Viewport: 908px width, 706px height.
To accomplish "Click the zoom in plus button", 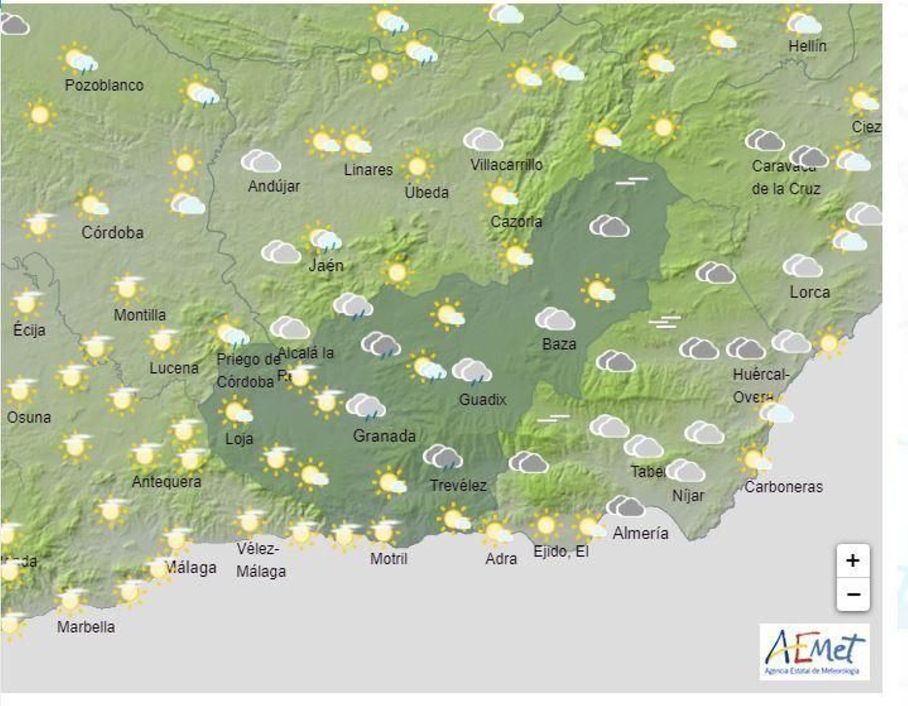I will click(x=852, y=561).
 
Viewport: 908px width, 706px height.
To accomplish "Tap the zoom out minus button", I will click(x=852, y=594).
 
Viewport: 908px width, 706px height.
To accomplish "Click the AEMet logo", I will click(x=814, y=652).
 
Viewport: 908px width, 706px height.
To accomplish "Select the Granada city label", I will click(x=384, y=436).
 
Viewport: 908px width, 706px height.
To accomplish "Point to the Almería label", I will click(x=640, y=533).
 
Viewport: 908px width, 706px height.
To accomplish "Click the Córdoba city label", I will click(x=112, y=232).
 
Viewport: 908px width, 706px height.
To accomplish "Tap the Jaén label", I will click(x=326, y=265).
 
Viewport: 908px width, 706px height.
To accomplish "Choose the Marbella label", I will click(x=86, y=627).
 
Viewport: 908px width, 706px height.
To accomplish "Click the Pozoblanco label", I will click(x=104, y=85).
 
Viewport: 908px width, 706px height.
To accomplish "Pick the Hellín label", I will click(x=807, y=45).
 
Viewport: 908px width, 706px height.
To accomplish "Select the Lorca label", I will click(x=809, y=292).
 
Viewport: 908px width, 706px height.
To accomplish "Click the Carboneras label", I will click(x=783, y=486).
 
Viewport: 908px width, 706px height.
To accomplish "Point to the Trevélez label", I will click(x=458, y=485).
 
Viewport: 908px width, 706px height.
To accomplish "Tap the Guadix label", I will click(x=482, y=400).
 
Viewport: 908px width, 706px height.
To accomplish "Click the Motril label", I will click(x=389, y=558).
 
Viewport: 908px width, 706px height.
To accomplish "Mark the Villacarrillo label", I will click(x=506, y=165).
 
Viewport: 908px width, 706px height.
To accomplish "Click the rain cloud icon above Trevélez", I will click(x=443, y=457).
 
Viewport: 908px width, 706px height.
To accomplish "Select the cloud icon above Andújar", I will click(x=261, y=162).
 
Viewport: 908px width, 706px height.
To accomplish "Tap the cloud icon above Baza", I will click(x=555, y=320).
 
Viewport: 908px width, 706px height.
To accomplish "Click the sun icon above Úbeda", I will click(x=418, y=167).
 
